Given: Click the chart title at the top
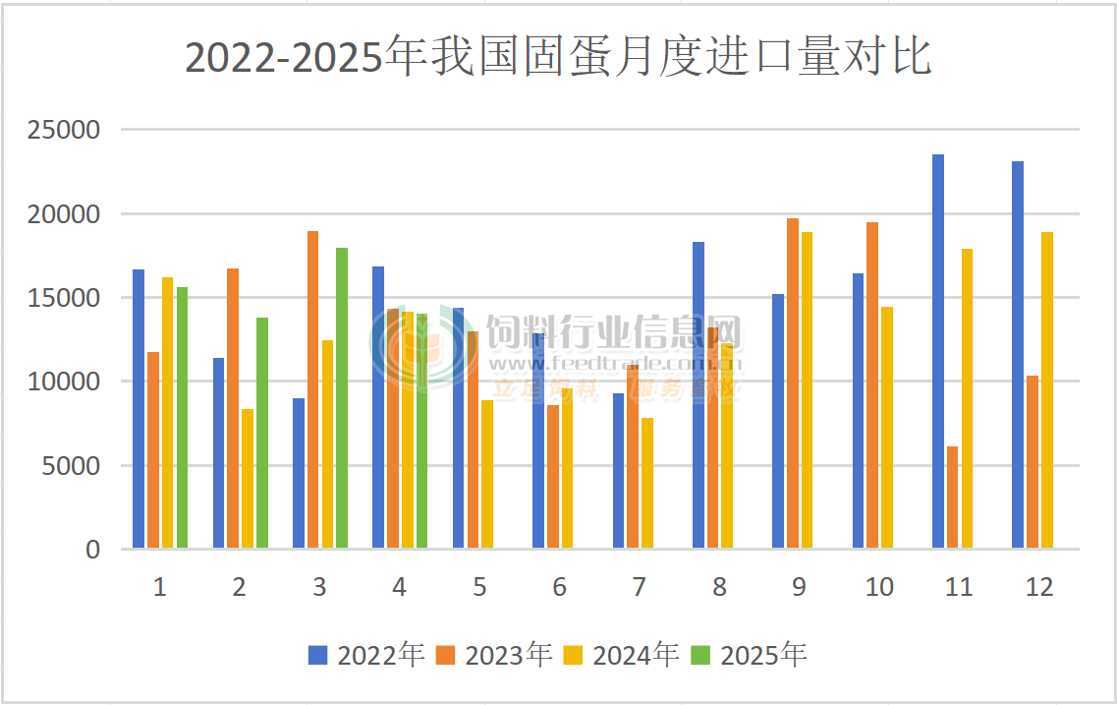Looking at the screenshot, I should (558, 58).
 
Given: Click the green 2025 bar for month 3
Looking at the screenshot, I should (342, 398).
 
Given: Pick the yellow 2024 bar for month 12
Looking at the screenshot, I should (1047, 390).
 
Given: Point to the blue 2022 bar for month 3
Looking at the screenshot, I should (298, 473).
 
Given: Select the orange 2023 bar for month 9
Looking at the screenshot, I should (793, 383).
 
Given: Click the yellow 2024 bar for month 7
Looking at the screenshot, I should (647, 483).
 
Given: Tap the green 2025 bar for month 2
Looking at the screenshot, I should (262, 433).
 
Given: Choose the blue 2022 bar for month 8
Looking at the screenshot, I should (698, 394).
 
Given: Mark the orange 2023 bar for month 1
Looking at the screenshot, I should (153, 449).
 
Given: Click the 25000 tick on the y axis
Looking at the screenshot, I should (68, 130).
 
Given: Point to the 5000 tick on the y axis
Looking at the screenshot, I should (74, 466).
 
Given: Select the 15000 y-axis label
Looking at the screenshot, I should (68, 298).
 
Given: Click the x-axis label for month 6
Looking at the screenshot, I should (559, 588).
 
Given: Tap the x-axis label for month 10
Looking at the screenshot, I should (879, 588).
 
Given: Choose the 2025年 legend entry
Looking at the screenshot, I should (751, 655).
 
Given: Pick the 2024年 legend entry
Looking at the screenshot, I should (623, 655).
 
